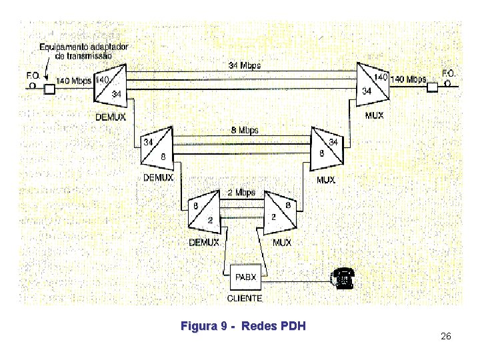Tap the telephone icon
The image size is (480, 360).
point(342,279)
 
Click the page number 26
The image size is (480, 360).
point(446,337)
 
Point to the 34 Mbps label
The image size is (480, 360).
point(245,65)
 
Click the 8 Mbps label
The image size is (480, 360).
point(244,130)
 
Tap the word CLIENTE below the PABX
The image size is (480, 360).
point(245,298)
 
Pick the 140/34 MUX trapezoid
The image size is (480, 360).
point(373,85)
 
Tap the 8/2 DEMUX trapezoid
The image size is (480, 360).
point(205,212)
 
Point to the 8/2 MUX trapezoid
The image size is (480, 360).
point(281,212)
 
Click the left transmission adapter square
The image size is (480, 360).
point(49,88)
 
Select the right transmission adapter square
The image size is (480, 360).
point(433,87)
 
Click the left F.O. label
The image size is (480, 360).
point(33,75)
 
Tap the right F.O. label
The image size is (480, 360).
point(449,73)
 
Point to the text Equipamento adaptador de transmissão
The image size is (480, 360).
point(83,51)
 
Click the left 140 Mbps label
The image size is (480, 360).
point(73,81)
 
